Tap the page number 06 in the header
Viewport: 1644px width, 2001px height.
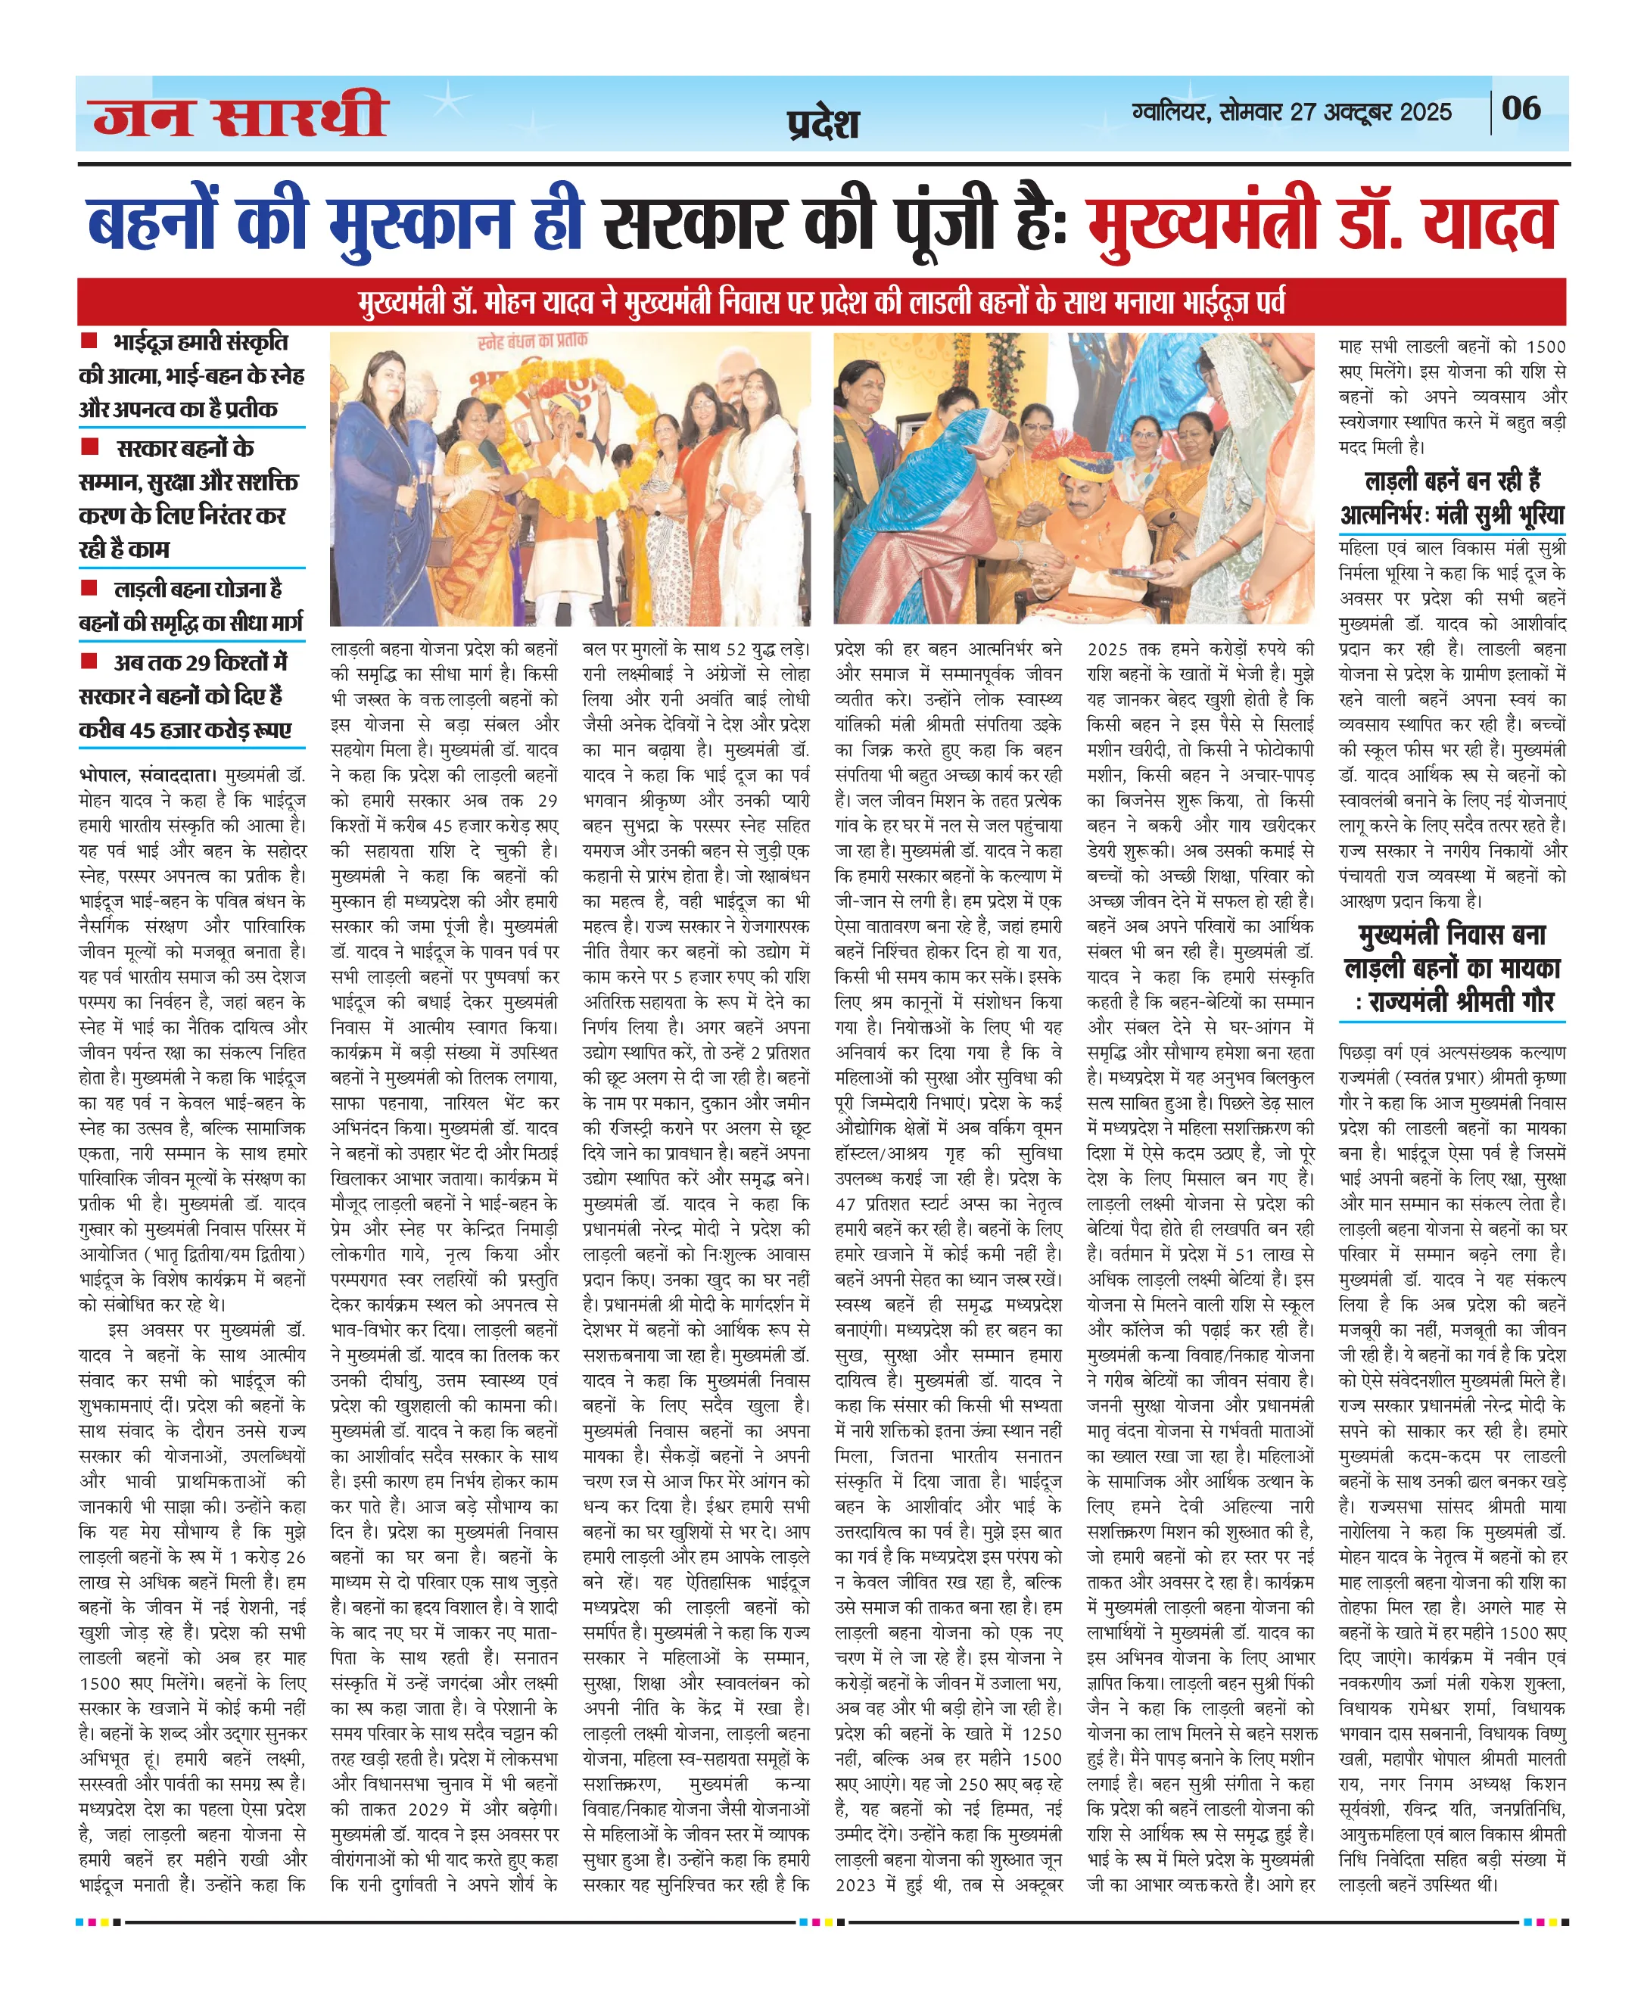click(1521, 108)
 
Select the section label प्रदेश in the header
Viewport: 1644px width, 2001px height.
click(823, 124)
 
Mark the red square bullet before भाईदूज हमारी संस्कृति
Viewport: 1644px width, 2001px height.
click(90, 341)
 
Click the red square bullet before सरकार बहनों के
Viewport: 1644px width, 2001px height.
click(90, 446)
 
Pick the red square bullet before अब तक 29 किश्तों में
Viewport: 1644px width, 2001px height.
click(90, 660)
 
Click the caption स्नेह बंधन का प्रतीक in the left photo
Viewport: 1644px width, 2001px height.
click(532, 340)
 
